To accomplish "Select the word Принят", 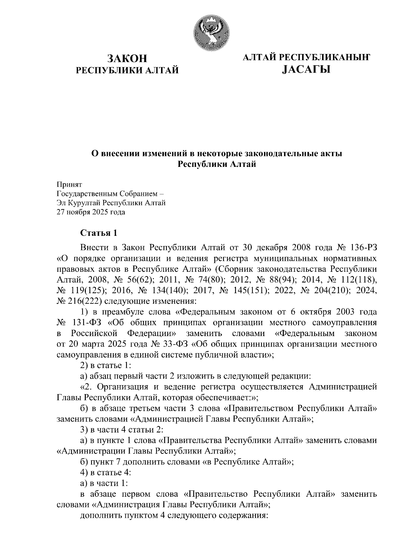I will [69, 184].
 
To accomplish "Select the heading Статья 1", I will [99, 233].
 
